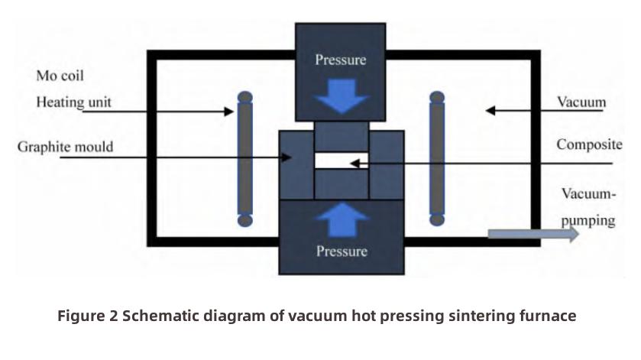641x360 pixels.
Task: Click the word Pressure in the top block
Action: point(341,60)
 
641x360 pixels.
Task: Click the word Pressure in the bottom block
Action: point(341,251)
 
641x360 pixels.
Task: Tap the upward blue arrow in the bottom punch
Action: point(342,221)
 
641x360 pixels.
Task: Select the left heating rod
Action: point(244,159)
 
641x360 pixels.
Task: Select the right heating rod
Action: point(437,159)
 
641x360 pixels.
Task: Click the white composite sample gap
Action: point(342,161)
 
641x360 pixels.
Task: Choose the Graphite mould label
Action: point(65,146)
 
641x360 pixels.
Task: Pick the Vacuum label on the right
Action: point(581,102)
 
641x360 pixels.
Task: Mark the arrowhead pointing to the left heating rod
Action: point(229,112)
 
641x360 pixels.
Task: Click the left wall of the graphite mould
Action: point(296,164)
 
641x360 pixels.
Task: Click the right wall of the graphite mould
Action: point(387,164)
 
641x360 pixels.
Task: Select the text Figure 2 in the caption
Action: point(89,316)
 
